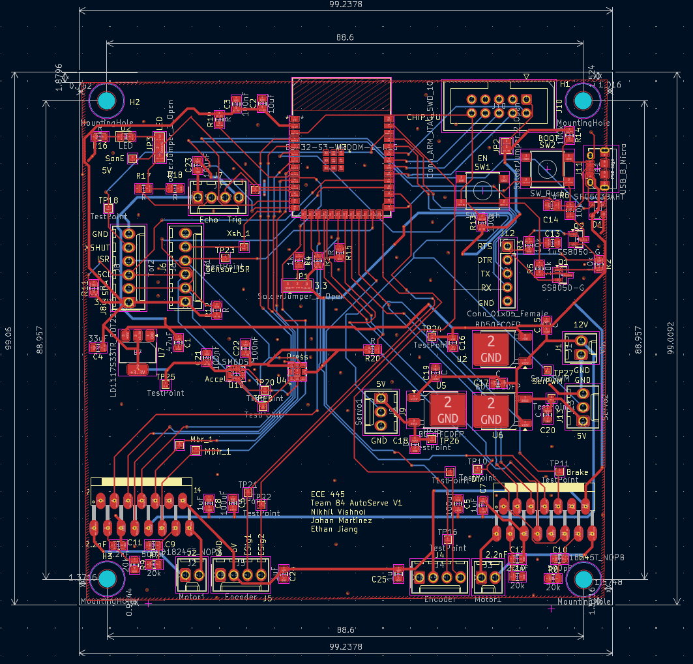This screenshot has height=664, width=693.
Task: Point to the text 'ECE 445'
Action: coord(328,494)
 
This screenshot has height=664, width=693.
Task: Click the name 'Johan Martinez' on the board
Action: coord(341,521)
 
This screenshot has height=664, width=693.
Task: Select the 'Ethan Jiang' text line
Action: coord(334,529)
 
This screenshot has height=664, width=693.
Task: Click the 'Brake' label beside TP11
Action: coord(577,472)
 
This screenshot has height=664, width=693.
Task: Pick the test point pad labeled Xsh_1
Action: coord(244,247)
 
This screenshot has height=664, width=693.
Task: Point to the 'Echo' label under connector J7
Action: coord(209,220)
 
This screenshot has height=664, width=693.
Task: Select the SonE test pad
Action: coord(132,158)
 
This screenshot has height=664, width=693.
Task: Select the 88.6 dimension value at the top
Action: coord(345,37)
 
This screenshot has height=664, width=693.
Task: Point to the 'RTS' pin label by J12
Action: coord(485,247)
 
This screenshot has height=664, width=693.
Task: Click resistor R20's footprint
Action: coord(373,350)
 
